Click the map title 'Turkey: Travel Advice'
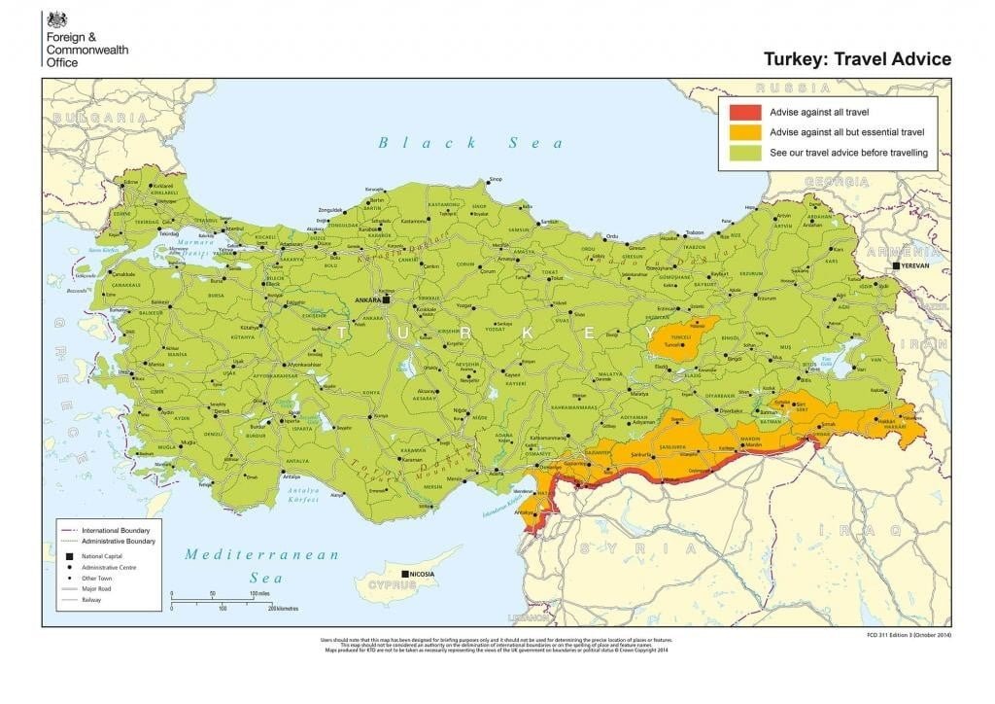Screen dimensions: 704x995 click(x=858, y=59)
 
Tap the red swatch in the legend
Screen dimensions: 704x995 click(x=745, y=112)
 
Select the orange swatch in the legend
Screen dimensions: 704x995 click(x=745, y=132)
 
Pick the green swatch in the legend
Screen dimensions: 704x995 click(x=745, y=153)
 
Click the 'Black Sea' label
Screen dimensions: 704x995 click(x=470, y=143)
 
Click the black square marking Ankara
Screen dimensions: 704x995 click(x=386, y=300)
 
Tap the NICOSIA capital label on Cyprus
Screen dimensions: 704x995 click(x=429, y=575)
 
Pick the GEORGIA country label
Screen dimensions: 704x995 click(x=836, y=182)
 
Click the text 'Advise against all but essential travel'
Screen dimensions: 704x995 click(x=845, y=132)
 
